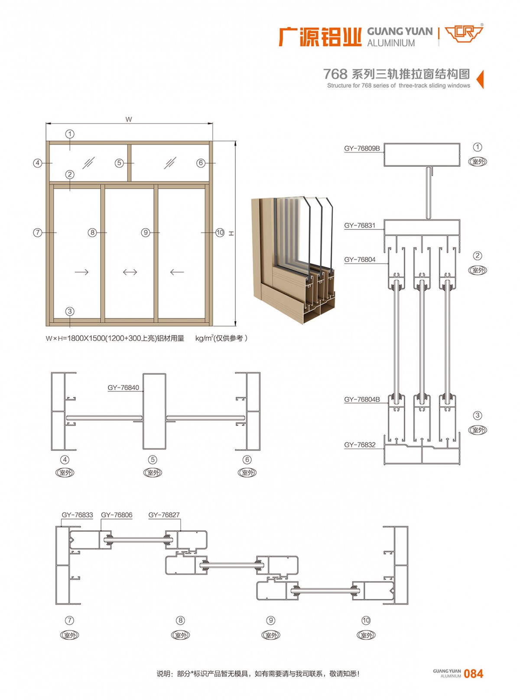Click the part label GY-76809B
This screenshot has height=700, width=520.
pos(362,148)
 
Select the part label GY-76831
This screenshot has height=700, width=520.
pos(360,226)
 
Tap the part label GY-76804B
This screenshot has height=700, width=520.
pos(362,400)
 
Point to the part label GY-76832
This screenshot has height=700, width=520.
pos(360,445)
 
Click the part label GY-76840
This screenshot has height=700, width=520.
pos(123,387)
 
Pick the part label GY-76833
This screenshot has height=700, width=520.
pos(77,515)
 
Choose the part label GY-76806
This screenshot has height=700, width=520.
pos(117,515)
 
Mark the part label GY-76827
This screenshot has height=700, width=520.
pos(164,515)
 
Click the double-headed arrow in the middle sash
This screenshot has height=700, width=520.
pos(130,272)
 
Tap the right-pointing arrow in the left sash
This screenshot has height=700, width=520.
pos(81,272)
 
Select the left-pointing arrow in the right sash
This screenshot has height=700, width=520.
pos(177,272)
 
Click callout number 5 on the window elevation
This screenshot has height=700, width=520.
pos(119,163)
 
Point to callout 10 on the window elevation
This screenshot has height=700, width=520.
pos(220,232)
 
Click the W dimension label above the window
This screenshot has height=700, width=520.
pos(129,119)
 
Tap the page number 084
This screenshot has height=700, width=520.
pos(473,674)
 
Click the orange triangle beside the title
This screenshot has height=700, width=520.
pos(480,79)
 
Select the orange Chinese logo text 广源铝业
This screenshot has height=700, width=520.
pos(320,37)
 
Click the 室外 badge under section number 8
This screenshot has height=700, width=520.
pos(181,635)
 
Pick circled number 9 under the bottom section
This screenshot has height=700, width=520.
pos(271,620)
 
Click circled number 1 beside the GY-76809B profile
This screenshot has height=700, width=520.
pos(478,147)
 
